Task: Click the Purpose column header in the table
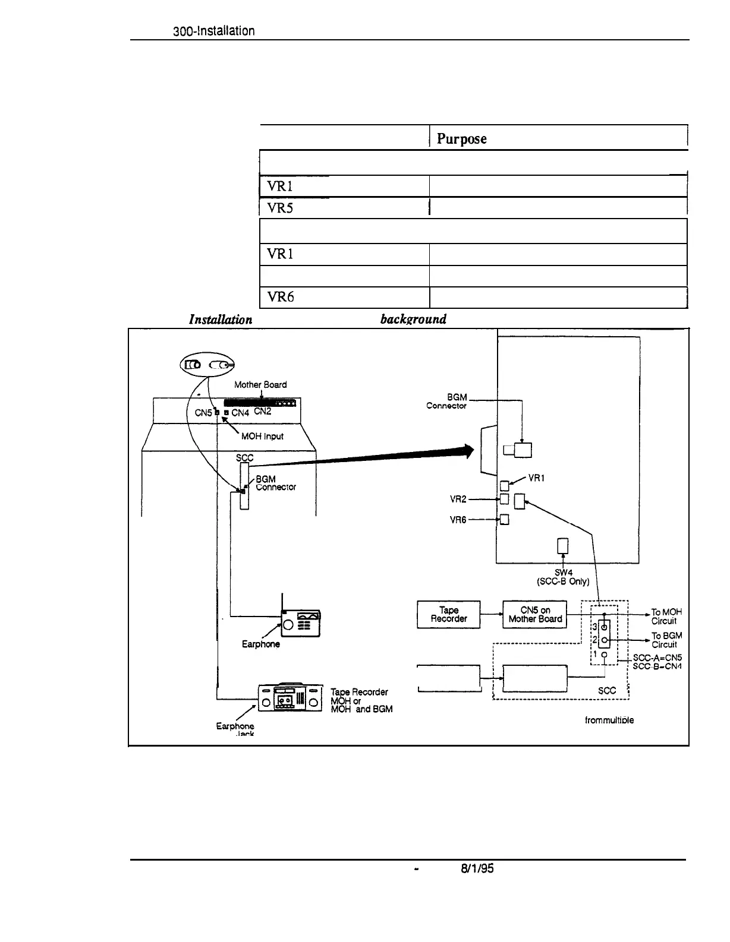pos(462,138)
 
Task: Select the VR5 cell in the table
pos(279,207)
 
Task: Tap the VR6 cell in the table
pos(279,297)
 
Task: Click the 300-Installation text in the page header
pos(213,31)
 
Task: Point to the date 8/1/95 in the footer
pos(478,869)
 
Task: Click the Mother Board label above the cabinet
pos(260,384)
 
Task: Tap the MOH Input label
pos(262,436)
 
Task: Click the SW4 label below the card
pos(563,573)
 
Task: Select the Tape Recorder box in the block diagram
pos(449,614)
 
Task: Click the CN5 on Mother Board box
pos(535,614)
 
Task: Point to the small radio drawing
pos(301,624)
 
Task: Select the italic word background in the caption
pos(413,319)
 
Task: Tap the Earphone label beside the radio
pos(260,644)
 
